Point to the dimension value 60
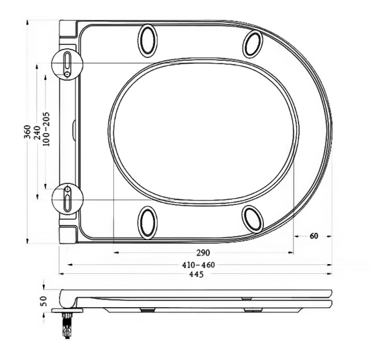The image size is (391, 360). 313,235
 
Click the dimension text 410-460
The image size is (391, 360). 199,265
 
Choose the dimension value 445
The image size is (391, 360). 196,275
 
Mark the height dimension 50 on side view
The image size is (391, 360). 44,301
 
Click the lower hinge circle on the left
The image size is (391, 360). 67,198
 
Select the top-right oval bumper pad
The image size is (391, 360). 252,43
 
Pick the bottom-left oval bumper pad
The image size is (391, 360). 148,220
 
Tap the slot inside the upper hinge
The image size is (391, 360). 67,60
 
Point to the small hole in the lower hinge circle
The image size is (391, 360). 67,188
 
